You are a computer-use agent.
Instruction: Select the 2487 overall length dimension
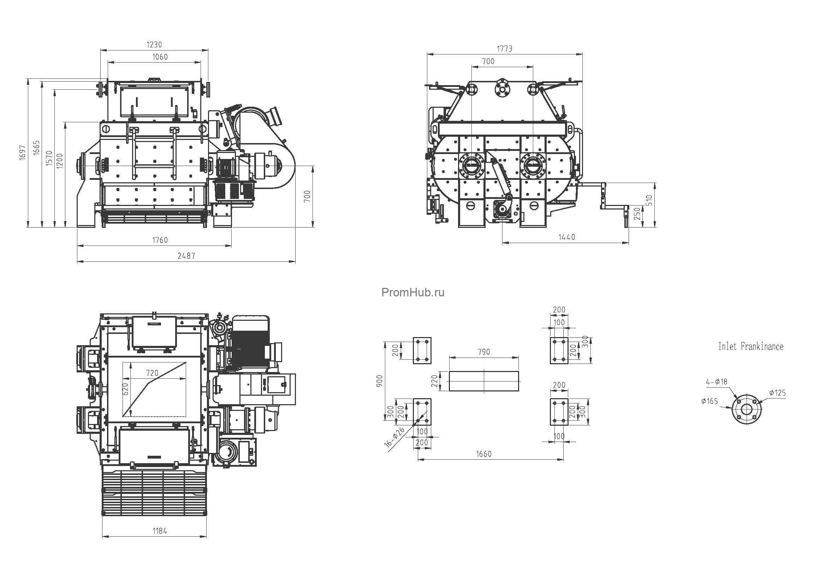(186, 256)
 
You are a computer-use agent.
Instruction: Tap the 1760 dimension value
(160, 240)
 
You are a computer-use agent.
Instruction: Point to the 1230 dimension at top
(154, 45)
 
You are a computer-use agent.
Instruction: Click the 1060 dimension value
(160, 57)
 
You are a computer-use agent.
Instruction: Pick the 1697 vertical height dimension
(23, 153)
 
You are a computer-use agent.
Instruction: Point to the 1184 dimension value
(160, 531)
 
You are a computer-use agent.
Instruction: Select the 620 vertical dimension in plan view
(126, 389)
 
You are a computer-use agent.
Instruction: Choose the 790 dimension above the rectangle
(484, 352)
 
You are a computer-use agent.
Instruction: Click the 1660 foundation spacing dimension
(483, 454)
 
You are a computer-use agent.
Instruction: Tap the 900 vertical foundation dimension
(380, 381)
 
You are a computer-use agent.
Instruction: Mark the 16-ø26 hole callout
(395, 437)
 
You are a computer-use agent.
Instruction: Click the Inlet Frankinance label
(751, 347)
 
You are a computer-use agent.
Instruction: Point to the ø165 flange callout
(709, 401)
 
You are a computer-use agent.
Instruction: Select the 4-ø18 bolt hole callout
(717, 382)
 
